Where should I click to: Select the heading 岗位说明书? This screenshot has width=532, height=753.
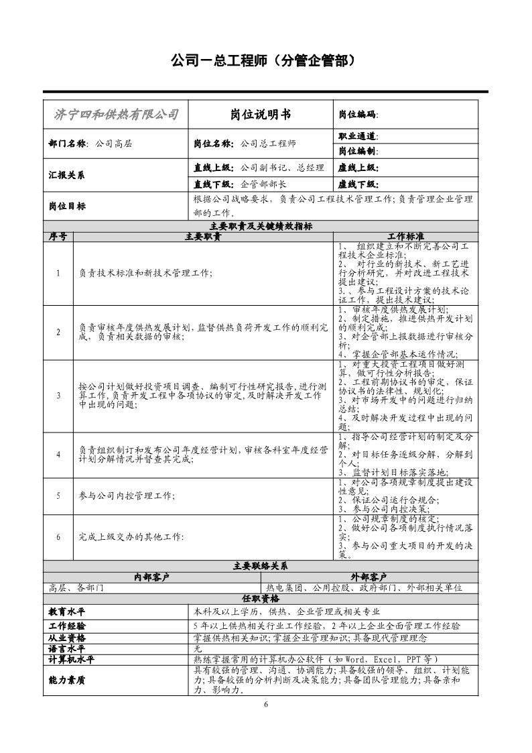[x=260, y=115]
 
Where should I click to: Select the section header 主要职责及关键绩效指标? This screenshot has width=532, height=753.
[x=261, y=226]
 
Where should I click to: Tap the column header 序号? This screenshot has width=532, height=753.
[x=58, y=237]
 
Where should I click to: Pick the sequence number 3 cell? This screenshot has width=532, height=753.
[x=58, y=395]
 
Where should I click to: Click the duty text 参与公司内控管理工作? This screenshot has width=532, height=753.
[x=127, y=496]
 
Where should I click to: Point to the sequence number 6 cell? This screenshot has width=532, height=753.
[x=58, y=536]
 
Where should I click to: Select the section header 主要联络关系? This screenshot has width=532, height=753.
[x=261, y=566]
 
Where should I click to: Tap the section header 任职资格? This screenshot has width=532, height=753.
[x=261, y=598]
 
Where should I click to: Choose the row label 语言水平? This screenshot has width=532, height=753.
[x=67, y=648]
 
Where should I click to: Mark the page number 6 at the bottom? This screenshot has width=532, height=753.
[x=266, y=705]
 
